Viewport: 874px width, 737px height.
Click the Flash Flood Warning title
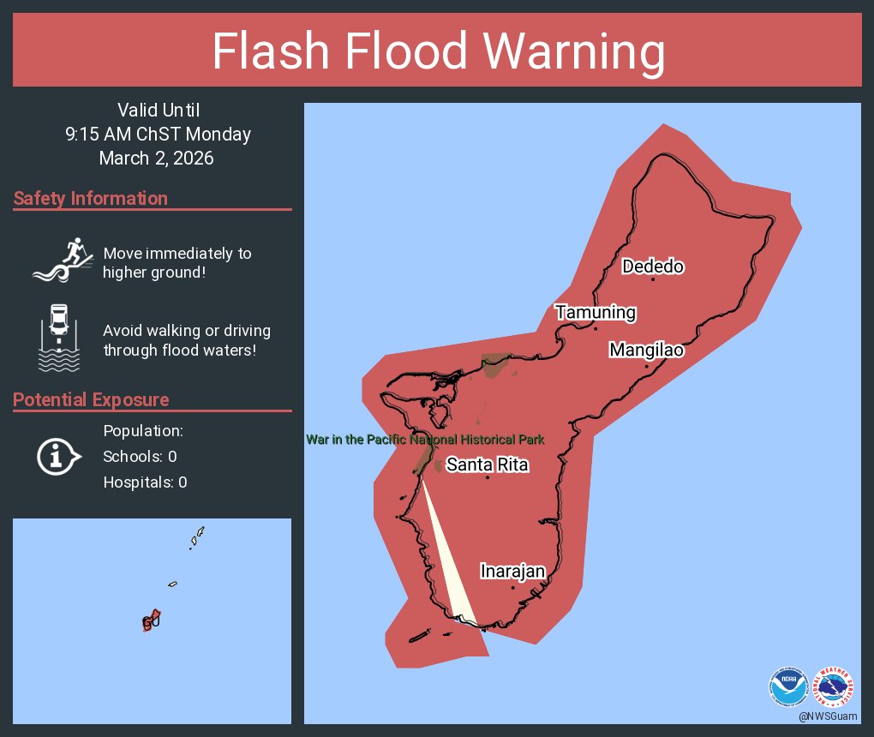(438, 51)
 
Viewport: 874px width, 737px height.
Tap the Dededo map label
(653, 267)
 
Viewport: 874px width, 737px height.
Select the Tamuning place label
(596, 313)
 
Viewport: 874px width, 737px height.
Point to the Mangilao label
(646, 350)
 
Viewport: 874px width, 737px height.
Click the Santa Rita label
(487, 465)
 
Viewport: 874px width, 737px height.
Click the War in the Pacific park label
(425, 440)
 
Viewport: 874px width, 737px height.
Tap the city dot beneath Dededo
(653, 279)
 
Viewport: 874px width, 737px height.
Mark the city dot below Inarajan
(512, 588)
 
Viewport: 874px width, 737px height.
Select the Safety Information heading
(91, 199)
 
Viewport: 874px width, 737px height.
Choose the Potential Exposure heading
(91, 400)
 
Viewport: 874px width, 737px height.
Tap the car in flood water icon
(58, 338)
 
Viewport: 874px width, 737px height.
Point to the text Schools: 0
(140, 457)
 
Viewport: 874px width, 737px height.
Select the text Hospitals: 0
(145, 482)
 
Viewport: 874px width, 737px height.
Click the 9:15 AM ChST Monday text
(158, 135)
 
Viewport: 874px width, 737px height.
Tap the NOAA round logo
(787, 686)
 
